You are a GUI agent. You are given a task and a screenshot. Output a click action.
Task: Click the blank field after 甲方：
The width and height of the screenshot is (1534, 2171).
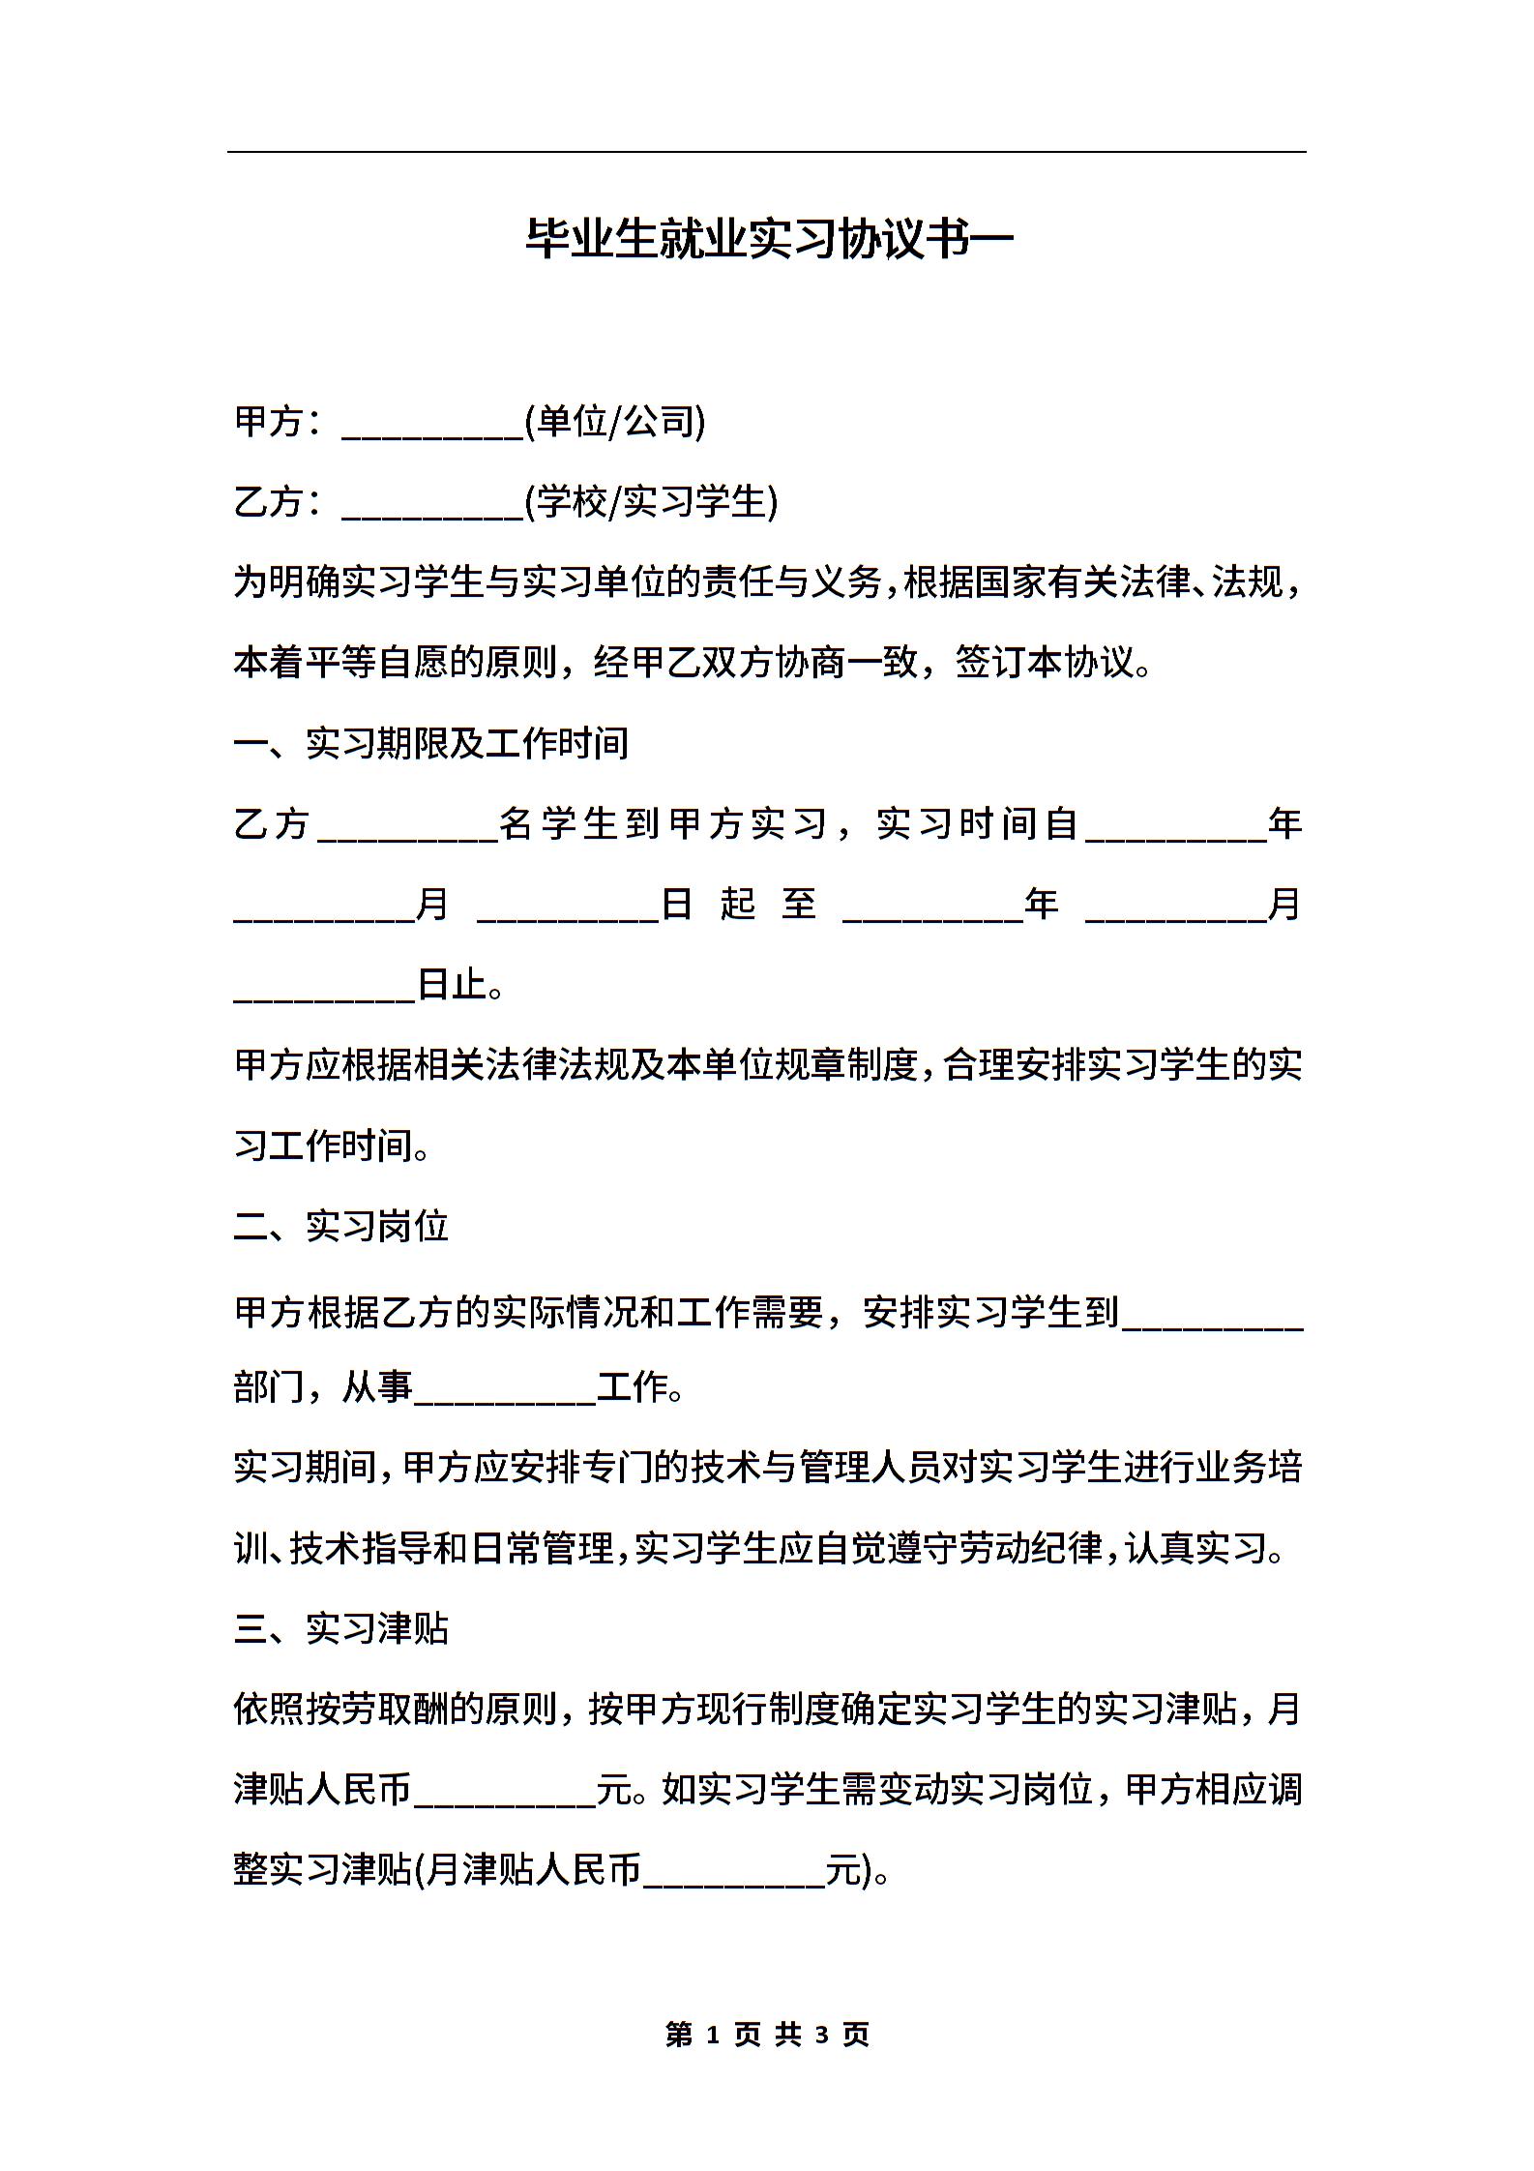(432, 426)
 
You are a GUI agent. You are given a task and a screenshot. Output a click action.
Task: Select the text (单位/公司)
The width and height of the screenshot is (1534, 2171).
(615, 422)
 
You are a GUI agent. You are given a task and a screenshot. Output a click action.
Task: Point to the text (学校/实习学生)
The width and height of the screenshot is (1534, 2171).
(651, 502)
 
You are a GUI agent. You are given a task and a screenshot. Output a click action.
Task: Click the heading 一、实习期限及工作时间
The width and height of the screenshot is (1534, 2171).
(431, 743)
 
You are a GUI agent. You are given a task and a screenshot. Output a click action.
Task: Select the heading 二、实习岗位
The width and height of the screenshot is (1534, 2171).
(341, 1226)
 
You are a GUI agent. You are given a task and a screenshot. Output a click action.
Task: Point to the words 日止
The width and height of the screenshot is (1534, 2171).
(453, 985)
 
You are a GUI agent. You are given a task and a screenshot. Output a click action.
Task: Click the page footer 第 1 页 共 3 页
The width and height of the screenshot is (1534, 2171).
(768, 2034)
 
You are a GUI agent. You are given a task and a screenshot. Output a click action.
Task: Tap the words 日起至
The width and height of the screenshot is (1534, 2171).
(740, 905)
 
